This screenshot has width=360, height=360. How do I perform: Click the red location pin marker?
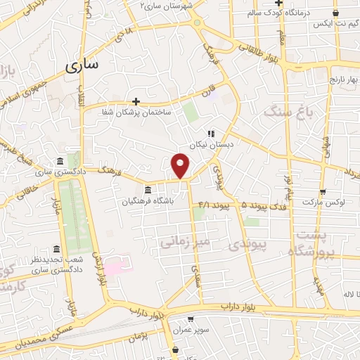pyautogui.click(x=181, y=165)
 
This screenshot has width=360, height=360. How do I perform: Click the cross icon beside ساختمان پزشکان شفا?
pyautogui.click(x=136, y=101)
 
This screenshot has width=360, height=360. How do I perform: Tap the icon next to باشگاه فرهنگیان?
pyautogui.click(x=147, y=190)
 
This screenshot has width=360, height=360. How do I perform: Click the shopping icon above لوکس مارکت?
pyautogui.click(x=323, y=191)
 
